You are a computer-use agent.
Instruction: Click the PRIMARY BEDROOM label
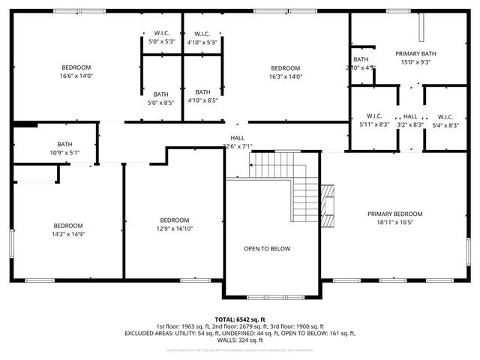[x=394, y=214]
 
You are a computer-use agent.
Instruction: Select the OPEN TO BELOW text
[x=267, y=248]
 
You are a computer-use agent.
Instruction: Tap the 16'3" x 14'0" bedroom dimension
[x=285, y=76]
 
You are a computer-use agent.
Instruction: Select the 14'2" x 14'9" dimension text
[x=67, y=235]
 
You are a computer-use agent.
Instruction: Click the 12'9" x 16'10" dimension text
[x=174, y=229]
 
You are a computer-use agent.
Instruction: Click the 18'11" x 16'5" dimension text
[x=394, y=223]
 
